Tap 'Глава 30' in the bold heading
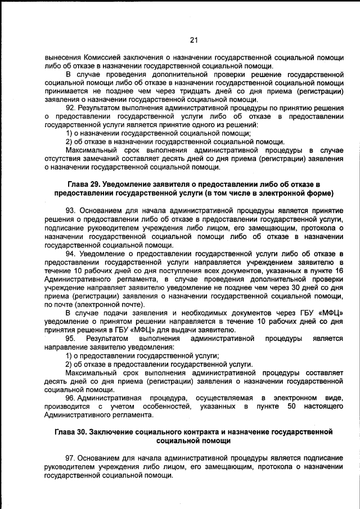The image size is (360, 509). click(x=73, y=432)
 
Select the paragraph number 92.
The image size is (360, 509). click(x=71, y=107)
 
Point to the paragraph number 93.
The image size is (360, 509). click(x=71, y=210)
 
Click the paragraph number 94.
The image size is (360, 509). click(x=71, y=255)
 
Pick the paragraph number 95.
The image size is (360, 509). click(x=71, y=339)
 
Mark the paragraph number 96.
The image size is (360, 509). click(x=71, y=398)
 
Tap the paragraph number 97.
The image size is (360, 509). click(x=71, y=457)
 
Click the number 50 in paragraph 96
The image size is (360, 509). click(x=291, y=406)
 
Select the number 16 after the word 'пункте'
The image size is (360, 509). click(x=338, y=272)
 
